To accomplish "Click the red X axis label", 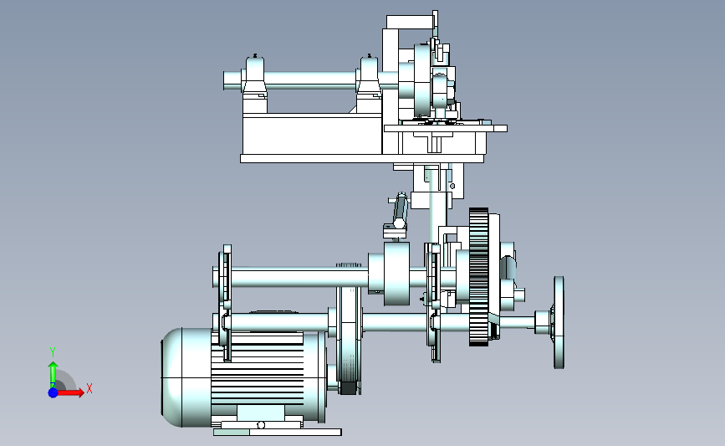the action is pyautogui.click(x=89, y=388).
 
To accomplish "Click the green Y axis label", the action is pyautogui.click(x=53, y=352).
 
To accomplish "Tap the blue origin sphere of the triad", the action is pyautogui.click(x=54, y=392).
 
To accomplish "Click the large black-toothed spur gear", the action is pyautogui.click(x=478, y=277).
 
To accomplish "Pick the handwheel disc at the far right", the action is pyautogui.click(x=559, y=322).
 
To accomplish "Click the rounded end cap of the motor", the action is pyautogui.click(x=173, y=377).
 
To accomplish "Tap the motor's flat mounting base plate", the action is pyautogui.click(x=278, y=432).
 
